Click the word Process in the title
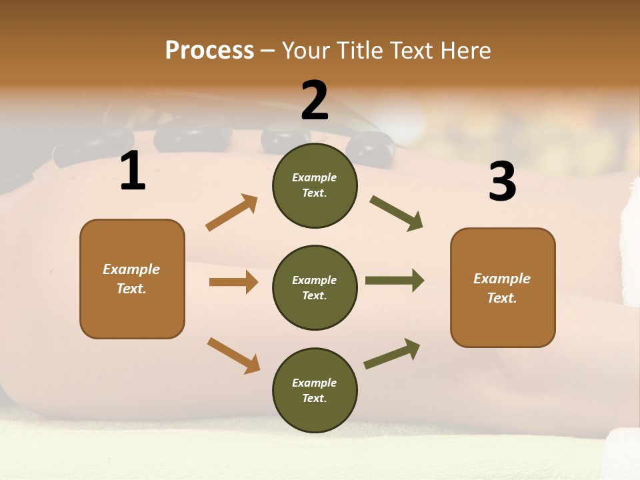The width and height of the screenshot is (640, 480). point(209,50)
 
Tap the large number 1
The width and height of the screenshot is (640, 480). point(133,171)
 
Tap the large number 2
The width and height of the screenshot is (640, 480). point(315,101)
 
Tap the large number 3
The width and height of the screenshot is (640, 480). point(502,182)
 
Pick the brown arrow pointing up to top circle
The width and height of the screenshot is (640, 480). point(232,213)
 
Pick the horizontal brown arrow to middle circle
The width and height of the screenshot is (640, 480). point(233,282)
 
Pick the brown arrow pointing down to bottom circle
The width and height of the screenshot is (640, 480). point(233,355)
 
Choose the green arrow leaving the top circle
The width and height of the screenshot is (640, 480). point(396,213)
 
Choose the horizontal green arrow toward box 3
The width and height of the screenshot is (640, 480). point(394,281)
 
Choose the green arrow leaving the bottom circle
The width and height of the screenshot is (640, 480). point(392,354)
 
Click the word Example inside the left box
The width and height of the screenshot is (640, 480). point(131,269)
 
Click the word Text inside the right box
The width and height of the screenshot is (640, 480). point(502,298)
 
